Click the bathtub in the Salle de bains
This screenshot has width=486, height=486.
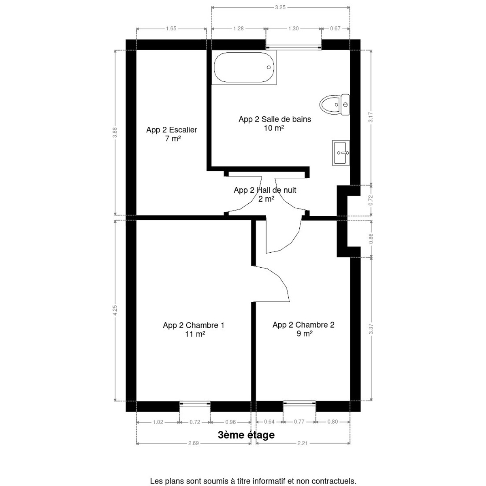tap(244, 67)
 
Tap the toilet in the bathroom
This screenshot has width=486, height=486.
tap(335, 104)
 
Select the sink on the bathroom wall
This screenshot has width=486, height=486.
tap(341, 153)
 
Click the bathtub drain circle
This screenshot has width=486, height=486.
tap(269, 67)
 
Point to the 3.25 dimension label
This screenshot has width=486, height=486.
tap(280, 8)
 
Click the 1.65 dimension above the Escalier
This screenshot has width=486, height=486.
tap(171, 29)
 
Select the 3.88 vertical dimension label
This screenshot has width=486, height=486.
tap(115, 132)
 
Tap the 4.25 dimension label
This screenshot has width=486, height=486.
tap(115, 310)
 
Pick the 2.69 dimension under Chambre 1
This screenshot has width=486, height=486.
tap(194, 443)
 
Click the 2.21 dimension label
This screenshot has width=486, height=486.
tap(303, 443)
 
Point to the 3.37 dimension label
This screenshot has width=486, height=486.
tap(371, 329)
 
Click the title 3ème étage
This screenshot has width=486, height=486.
tap(246, 435)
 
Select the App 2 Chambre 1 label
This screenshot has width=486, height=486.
tap(194, 325)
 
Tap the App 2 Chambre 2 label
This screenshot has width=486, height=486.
tap(303, 324)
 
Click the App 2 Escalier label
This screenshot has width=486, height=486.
tap(171, 130)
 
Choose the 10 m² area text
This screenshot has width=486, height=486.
tap(274, 128)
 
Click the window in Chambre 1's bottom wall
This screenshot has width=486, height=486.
tap(195, 404)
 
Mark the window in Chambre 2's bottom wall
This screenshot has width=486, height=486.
tap(299, 404)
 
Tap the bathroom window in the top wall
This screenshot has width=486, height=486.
tap(294, 47)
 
